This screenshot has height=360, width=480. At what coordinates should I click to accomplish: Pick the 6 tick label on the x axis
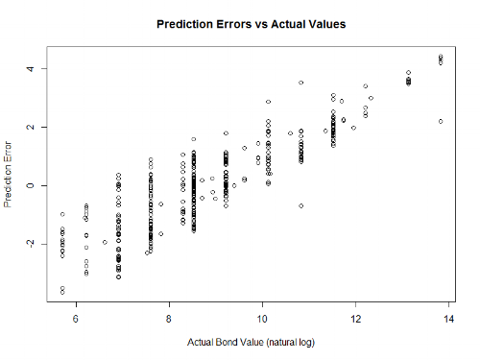point(76,319)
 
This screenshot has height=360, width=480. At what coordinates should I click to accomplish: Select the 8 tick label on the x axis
point(169,319)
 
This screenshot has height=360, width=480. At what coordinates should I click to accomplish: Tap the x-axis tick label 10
point(262,319)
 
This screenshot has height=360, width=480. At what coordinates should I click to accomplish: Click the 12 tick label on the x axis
point(355,319)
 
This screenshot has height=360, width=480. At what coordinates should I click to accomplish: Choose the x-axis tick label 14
point(448,319)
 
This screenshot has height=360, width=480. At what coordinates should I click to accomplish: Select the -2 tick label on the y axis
point(30,245)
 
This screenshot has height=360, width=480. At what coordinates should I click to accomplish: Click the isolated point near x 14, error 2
point(441,121)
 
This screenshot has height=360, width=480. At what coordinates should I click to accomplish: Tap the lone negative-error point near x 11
point(300,205)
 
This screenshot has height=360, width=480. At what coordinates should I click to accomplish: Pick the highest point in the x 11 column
point(300,83)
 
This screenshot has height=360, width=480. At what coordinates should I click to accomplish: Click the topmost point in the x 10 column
point(268,102)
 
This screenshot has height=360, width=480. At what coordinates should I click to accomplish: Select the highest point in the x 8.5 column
point(193,139)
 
